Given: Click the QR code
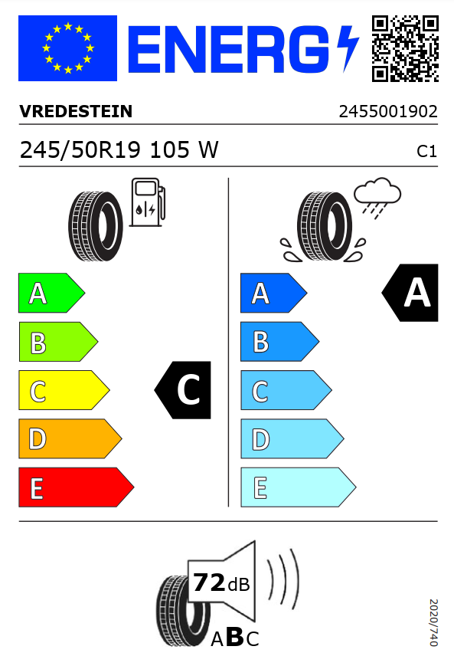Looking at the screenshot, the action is click(405, 48).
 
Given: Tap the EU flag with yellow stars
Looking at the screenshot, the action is click(68, 48).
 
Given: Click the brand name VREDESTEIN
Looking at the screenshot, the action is click(76, 111).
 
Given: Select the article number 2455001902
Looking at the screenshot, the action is click(388, 112).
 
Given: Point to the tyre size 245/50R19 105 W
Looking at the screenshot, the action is click(119, 150).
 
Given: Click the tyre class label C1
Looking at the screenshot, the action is click(427, 151).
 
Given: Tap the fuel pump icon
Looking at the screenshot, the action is click(147, 202).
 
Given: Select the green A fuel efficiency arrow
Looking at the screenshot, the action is click(51, 293).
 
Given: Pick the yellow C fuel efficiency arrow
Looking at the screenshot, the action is click(64, 390).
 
